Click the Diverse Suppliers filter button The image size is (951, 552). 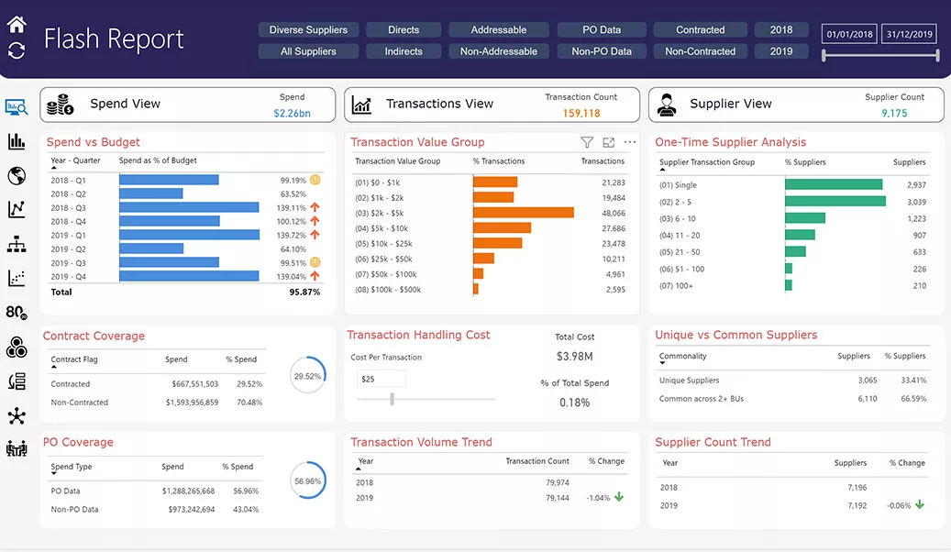(x=308, y=30)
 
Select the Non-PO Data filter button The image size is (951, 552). (x=602, y=51)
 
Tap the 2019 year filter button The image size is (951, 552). (x=781, y=51)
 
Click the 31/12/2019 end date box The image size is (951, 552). (x=910, y=35)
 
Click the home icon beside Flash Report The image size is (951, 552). (x=17, y=25)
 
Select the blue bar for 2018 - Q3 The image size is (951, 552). (x=189, y=208)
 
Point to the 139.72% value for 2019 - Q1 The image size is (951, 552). (x=293, y=236)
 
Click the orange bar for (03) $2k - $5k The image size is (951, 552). (x=523, y=213)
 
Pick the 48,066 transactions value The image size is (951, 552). (x=614, y=213)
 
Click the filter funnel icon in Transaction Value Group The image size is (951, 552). (x=587, y=142)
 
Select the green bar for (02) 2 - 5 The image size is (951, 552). (x=835, y=202)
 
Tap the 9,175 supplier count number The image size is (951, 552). (x=894, y=114)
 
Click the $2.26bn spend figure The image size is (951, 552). (x=292, y=114)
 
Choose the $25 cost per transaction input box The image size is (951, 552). (x=381, y=379)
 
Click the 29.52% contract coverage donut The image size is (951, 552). (x=307, y=376)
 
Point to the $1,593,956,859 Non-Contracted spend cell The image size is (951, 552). (x=192, y=403)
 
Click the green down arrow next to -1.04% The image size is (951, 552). (x=619, y=497)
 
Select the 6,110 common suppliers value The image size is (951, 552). (x=867, y=399)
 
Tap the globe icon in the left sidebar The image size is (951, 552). (x=16, y=175)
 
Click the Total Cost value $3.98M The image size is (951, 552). (x=574, y=356)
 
